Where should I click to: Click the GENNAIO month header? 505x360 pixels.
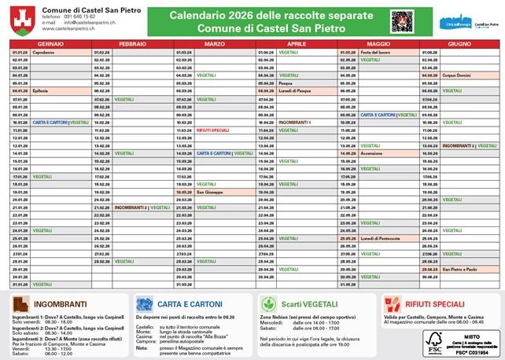(x=50, y=44)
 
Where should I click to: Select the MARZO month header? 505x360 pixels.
(x=213, y=44)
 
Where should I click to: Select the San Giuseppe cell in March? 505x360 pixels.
(x=210, y=192)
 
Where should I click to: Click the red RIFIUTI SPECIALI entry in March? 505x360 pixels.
(x=212, y=130)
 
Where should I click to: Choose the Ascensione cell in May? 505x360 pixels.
(x=372, y=153)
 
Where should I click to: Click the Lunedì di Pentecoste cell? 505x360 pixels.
(x=380, y=238)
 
